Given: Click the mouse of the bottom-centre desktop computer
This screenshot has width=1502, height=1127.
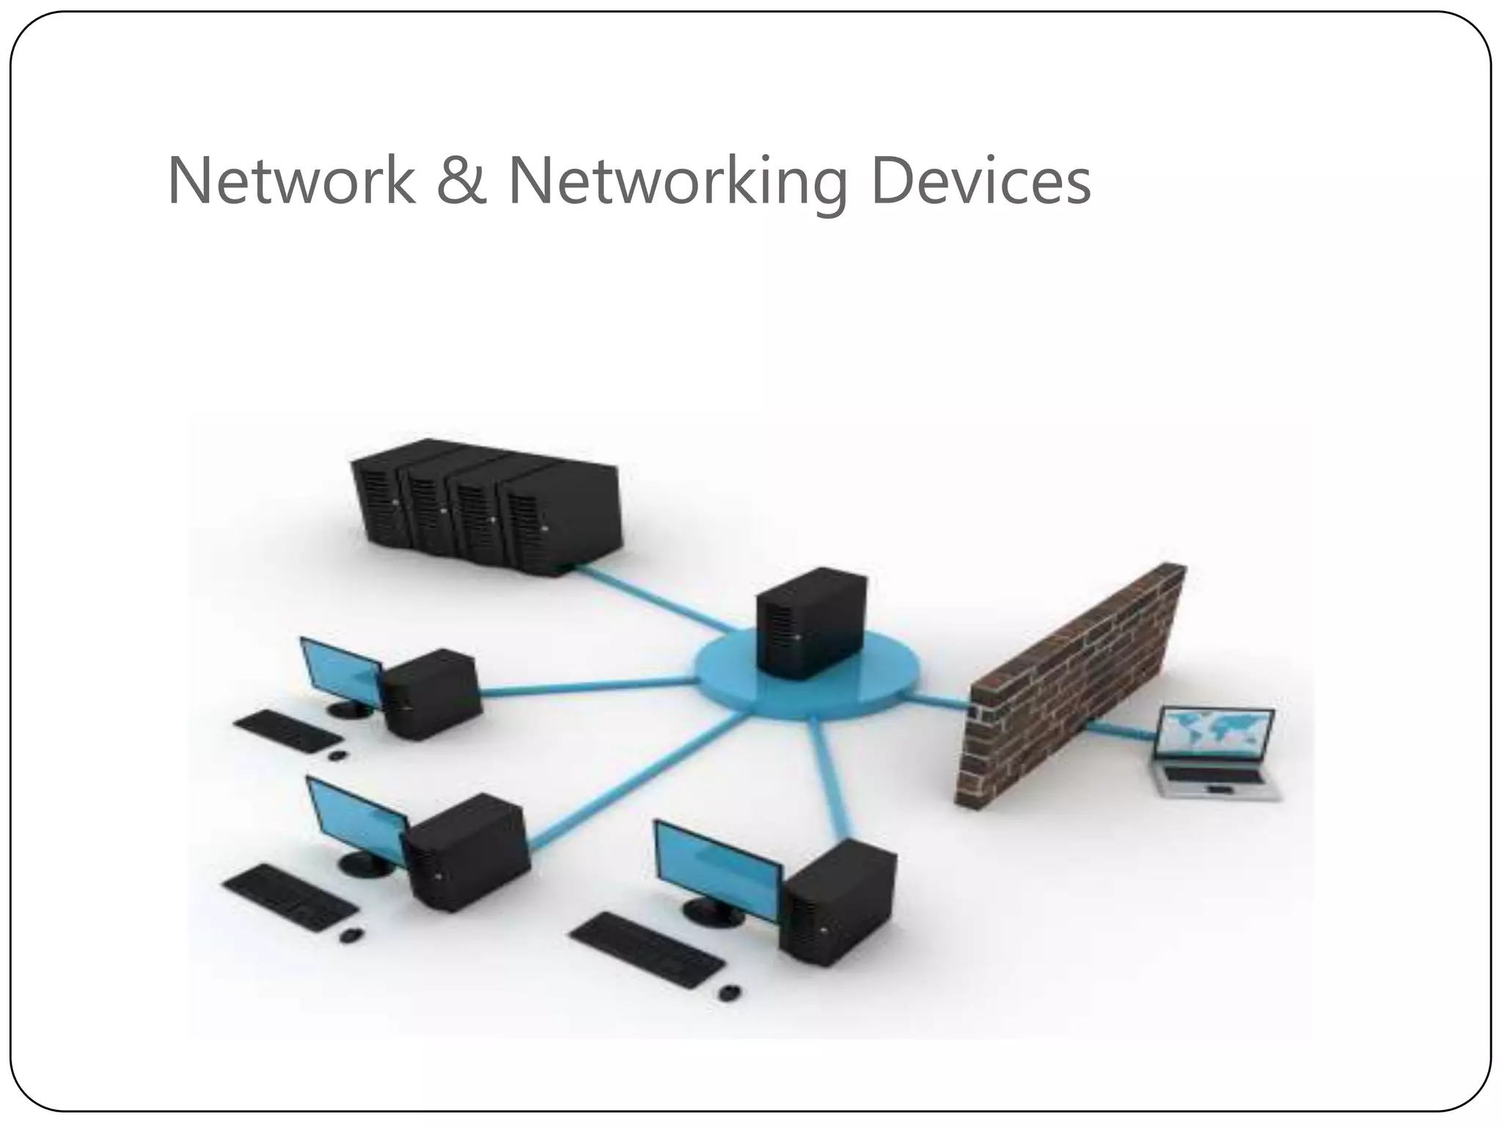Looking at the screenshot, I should pyautogui.click(x=729, y=993).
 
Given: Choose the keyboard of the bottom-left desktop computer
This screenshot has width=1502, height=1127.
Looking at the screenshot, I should pyautogui.click(x=290, y=897).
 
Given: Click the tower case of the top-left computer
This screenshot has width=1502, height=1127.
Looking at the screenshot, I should pyautogui.click(x=433, y=693).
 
